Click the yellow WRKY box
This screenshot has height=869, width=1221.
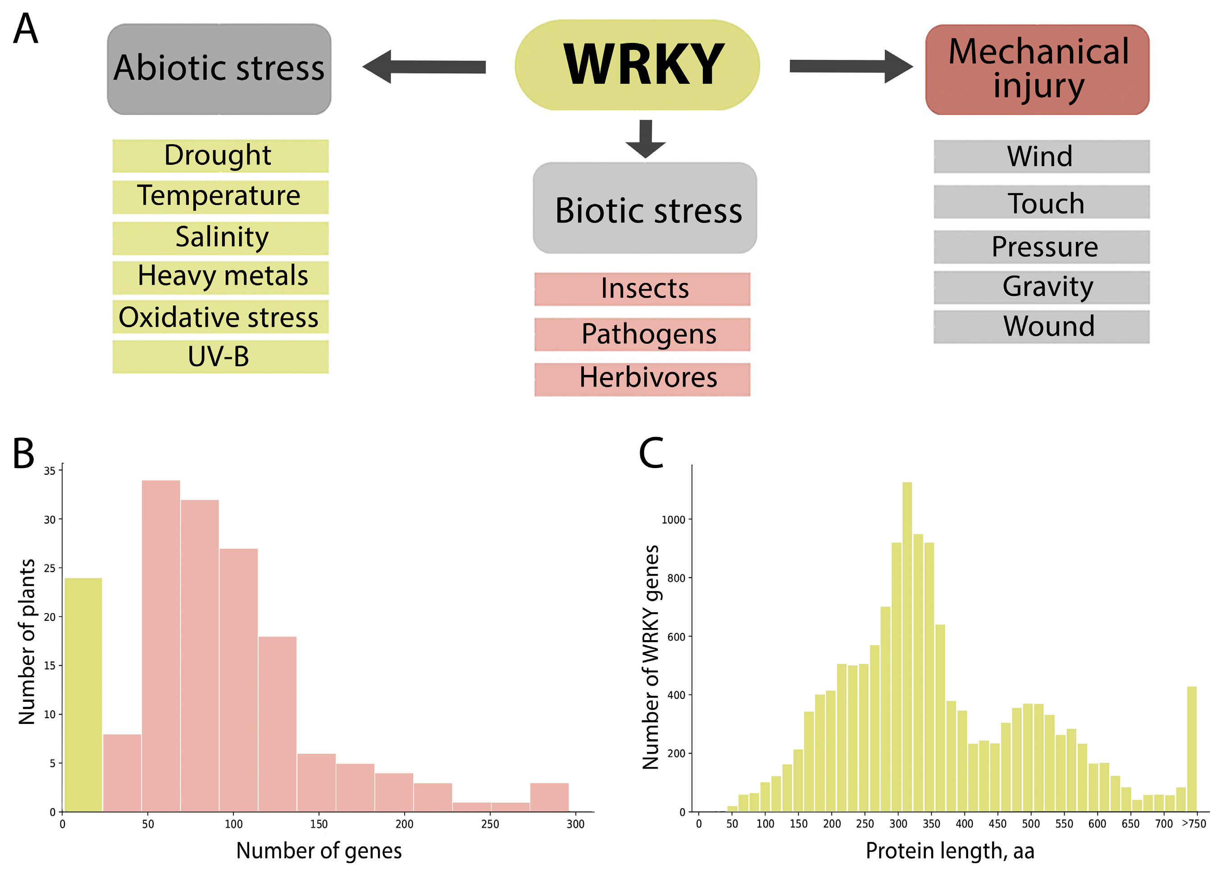pos(637,65)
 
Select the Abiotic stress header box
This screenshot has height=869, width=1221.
pos(219,69)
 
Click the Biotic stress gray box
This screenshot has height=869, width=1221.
pos(645,208)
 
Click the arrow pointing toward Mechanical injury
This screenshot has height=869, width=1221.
pos(851,66)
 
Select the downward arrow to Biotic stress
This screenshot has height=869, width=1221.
pos(646,139)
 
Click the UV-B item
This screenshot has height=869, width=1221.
pos(220,357)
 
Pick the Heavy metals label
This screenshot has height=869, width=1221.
pos(220,277)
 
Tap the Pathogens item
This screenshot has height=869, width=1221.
pos(642,334)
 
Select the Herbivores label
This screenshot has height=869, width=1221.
pos(642,379)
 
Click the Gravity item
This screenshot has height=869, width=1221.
pos(1041,287)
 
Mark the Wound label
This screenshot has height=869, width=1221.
pos(1041,327)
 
